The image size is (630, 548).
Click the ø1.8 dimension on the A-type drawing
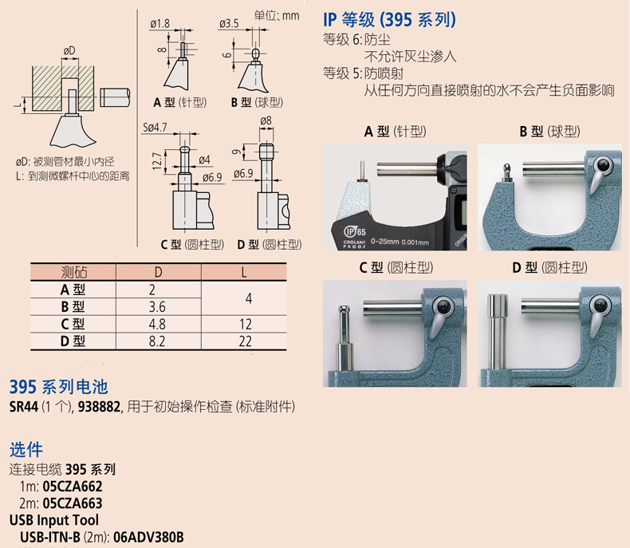(160, 24)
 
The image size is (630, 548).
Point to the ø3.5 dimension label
(229, 24)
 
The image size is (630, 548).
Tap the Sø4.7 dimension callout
(155, 128)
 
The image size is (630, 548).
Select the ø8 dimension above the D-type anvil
(266, 120)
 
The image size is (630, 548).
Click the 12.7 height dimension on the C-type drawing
(157, 160)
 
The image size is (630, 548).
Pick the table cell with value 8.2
(157, 341)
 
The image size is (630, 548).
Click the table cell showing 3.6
(157, 307)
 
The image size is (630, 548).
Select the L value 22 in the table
(245, 341)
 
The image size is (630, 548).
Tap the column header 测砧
(73, 272)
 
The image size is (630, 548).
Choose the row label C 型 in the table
(73, 324)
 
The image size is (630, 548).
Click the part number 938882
(99, 407)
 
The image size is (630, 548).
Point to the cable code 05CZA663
(73, 503)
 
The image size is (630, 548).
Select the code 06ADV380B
(148, 537)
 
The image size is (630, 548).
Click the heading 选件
(26, 450)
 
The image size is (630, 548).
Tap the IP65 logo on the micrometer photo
(355, 231)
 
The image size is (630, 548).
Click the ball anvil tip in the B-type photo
(507, 167)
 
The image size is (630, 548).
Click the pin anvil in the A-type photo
(362, 171)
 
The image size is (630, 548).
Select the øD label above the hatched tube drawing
(69, 51)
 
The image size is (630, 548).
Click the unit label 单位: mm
(277, 16)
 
